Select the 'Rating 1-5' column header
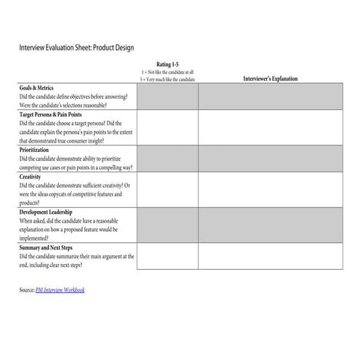pos(167,64)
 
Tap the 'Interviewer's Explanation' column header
pos(270,79)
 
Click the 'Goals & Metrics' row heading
pos(36,88)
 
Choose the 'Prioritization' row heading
pos(34,149)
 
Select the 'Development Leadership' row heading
pos(48,212)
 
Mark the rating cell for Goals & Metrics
pos(167,96)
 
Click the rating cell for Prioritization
pos(167,158)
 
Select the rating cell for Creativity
pos(167,189)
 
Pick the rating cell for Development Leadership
pos(167,225)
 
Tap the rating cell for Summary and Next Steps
pos(167,256)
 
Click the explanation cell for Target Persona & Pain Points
pos(270,127)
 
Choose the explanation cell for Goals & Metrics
pos(270,96)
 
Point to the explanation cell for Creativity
pos(270,189)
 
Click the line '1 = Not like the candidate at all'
pos(167,71)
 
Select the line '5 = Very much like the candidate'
pos(167,79)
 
